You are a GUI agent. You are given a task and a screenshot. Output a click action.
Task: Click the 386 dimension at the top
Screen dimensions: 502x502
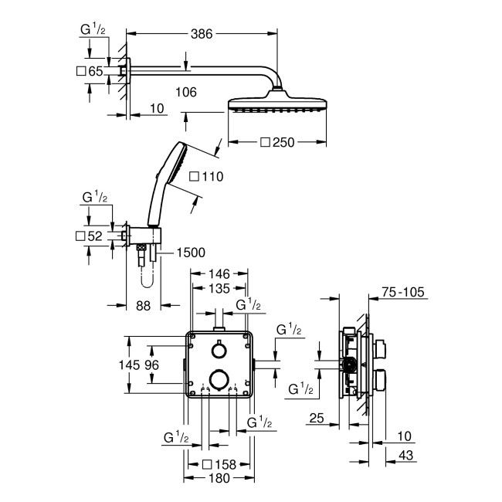point(203,33)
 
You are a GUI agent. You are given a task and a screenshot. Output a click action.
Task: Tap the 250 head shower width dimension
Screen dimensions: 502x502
point(283,142)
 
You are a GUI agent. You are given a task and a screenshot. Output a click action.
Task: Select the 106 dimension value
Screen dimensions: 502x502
point(186,92)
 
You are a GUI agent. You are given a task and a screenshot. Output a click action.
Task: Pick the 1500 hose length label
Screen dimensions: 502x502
point(190,252)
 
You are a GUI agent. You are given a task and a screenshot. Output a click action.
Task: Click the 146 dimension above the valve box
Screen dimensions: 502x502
point(219,273)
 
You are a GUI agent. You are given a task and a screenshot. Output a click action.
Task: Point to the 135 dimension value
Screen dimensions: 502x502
point(219,289)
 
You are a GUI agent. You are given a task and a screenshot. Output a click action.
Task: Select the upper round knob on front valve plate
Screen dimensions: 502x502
point(219,351)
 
